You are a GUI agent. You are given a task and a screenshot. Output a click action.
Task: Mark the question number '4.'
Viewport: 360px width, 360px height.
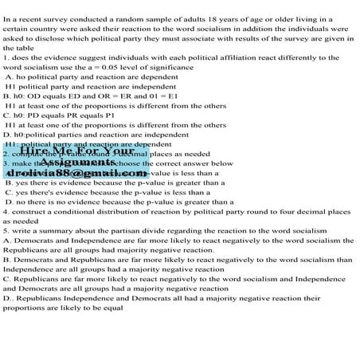pyautogui.click(x=6, y=213)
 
